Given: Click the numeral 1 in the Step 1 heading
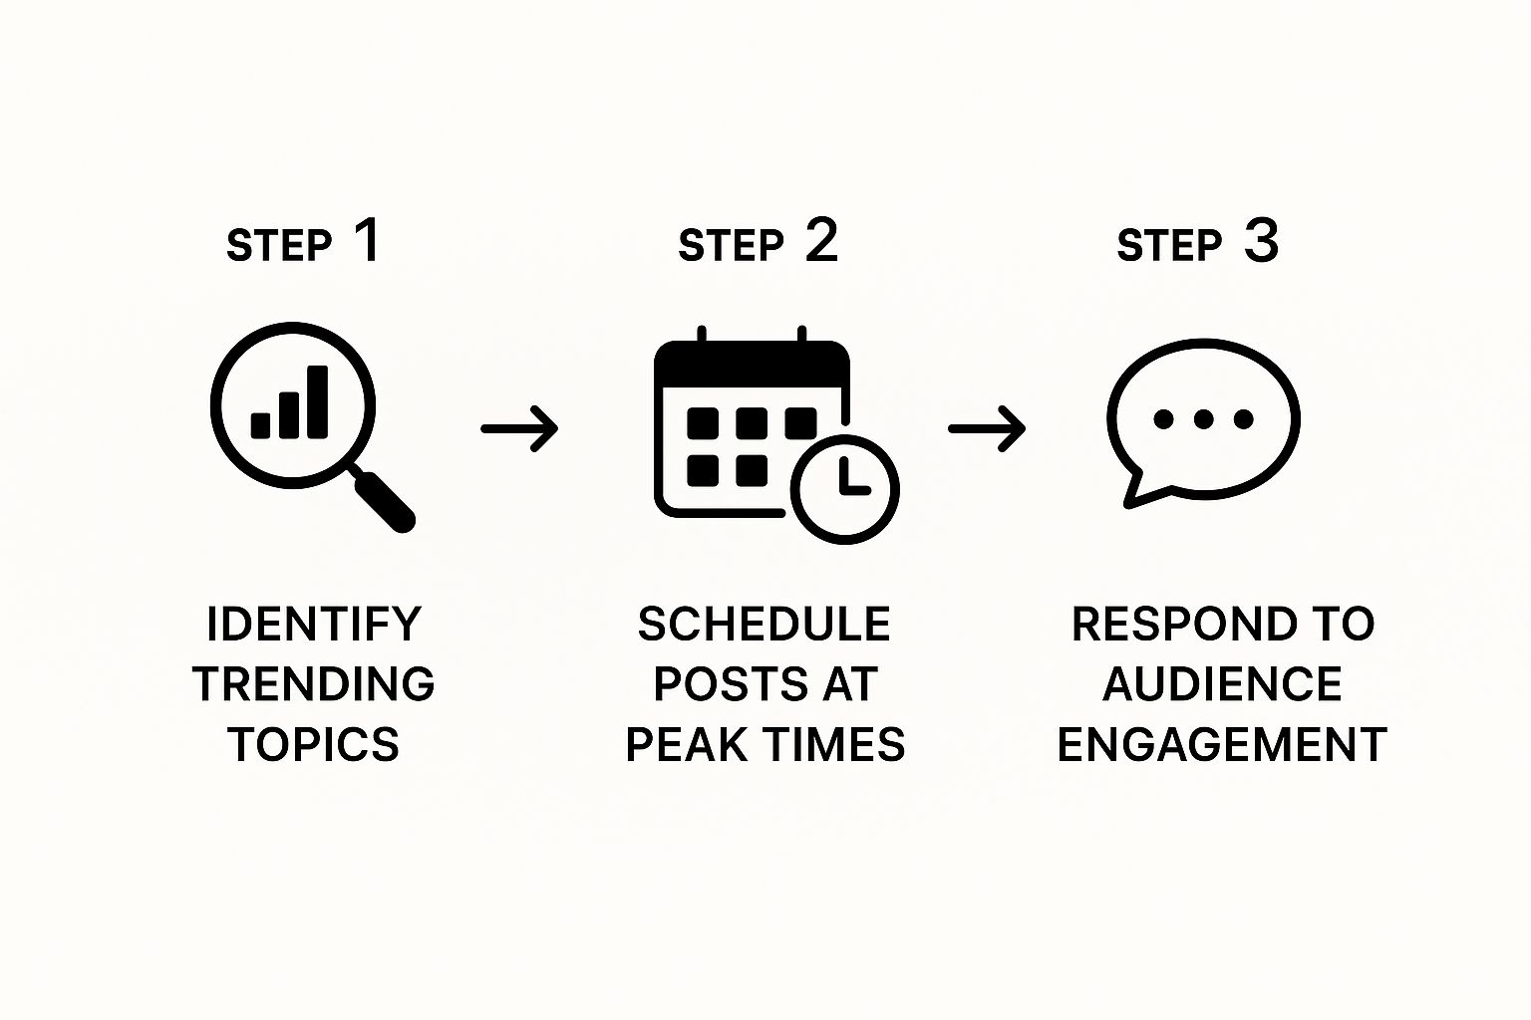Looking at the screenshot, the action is [x=369, y=240].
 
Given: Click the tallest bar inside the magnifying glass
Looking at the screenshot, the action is [x=318, y=401].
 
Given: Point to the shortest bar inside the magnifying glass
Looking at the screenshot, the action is [x=260, y=425].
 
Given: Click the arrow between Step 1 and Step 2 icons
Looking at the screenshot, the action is [x=519, y=429].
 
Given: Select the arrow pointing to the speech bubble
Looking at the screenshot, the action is [x=986, y=429].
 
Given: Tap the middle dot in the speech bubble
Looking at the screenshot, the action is [x=1204, y=418].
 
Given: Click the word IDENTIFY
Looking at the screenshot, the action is [x=314, y=624].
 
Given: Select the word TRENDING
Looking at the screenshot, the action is [x=314, y=684].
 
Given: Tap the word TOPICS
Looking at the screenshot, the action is [x=314, y=744].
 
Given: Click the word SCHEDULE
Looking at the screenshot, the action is [x=765, y=624].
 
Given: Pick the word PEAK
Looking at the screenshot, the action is [x=687, y=744].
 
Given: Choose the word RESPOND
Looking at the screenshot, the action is [x=1183, y=624].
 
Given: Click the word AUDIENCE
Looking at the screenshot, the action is [x=1223, y=684].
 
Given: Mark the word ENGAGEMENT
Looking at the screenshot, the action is [x=1222, y=744].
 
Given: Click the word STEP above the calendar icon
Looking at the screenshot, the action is [x=731, y=246].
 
